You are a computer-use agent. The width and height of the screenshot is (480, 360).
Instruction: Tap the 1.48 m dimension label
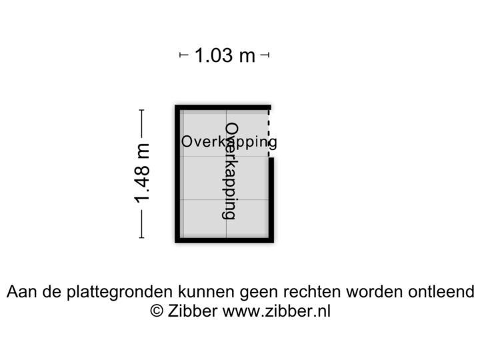tap(142, 174)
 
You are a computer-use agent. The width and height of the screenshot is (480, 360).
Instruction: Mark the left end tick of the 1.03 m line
tap(181, 55)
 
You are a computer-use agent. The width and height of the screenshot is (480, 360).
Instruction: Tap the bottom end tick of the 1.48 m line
tap(142, 237)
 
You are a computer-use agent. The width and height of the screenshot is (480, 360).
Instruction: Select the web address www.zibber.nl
tap(276, 311)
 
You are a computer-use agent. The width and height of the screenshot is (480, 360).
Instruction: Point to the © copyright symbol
tap(156, 311)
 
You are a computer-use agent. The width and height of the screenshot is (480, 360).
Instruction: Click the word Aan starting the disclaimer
tap(21, 292)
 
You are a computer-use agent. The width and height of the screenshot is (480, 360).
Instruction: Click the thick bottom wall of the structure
tap(224, 242)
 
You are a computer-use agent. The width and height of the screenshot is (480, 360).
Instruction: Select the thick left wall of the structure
tap(176, 173)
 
